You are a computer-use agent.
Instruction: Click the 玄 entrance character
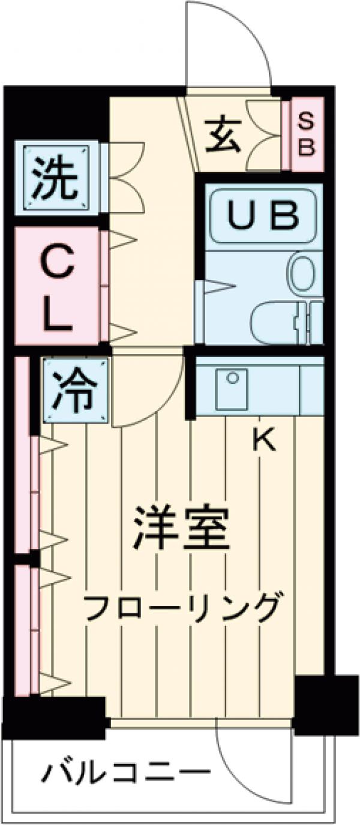pyautogui.click(x=224, y=136)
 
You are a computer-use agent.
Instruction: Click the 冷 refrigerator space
pyautogui.click(x=76, y=390)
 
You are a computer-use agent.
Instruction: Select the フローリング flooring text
pyautogui.click(x=182, y=608)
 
